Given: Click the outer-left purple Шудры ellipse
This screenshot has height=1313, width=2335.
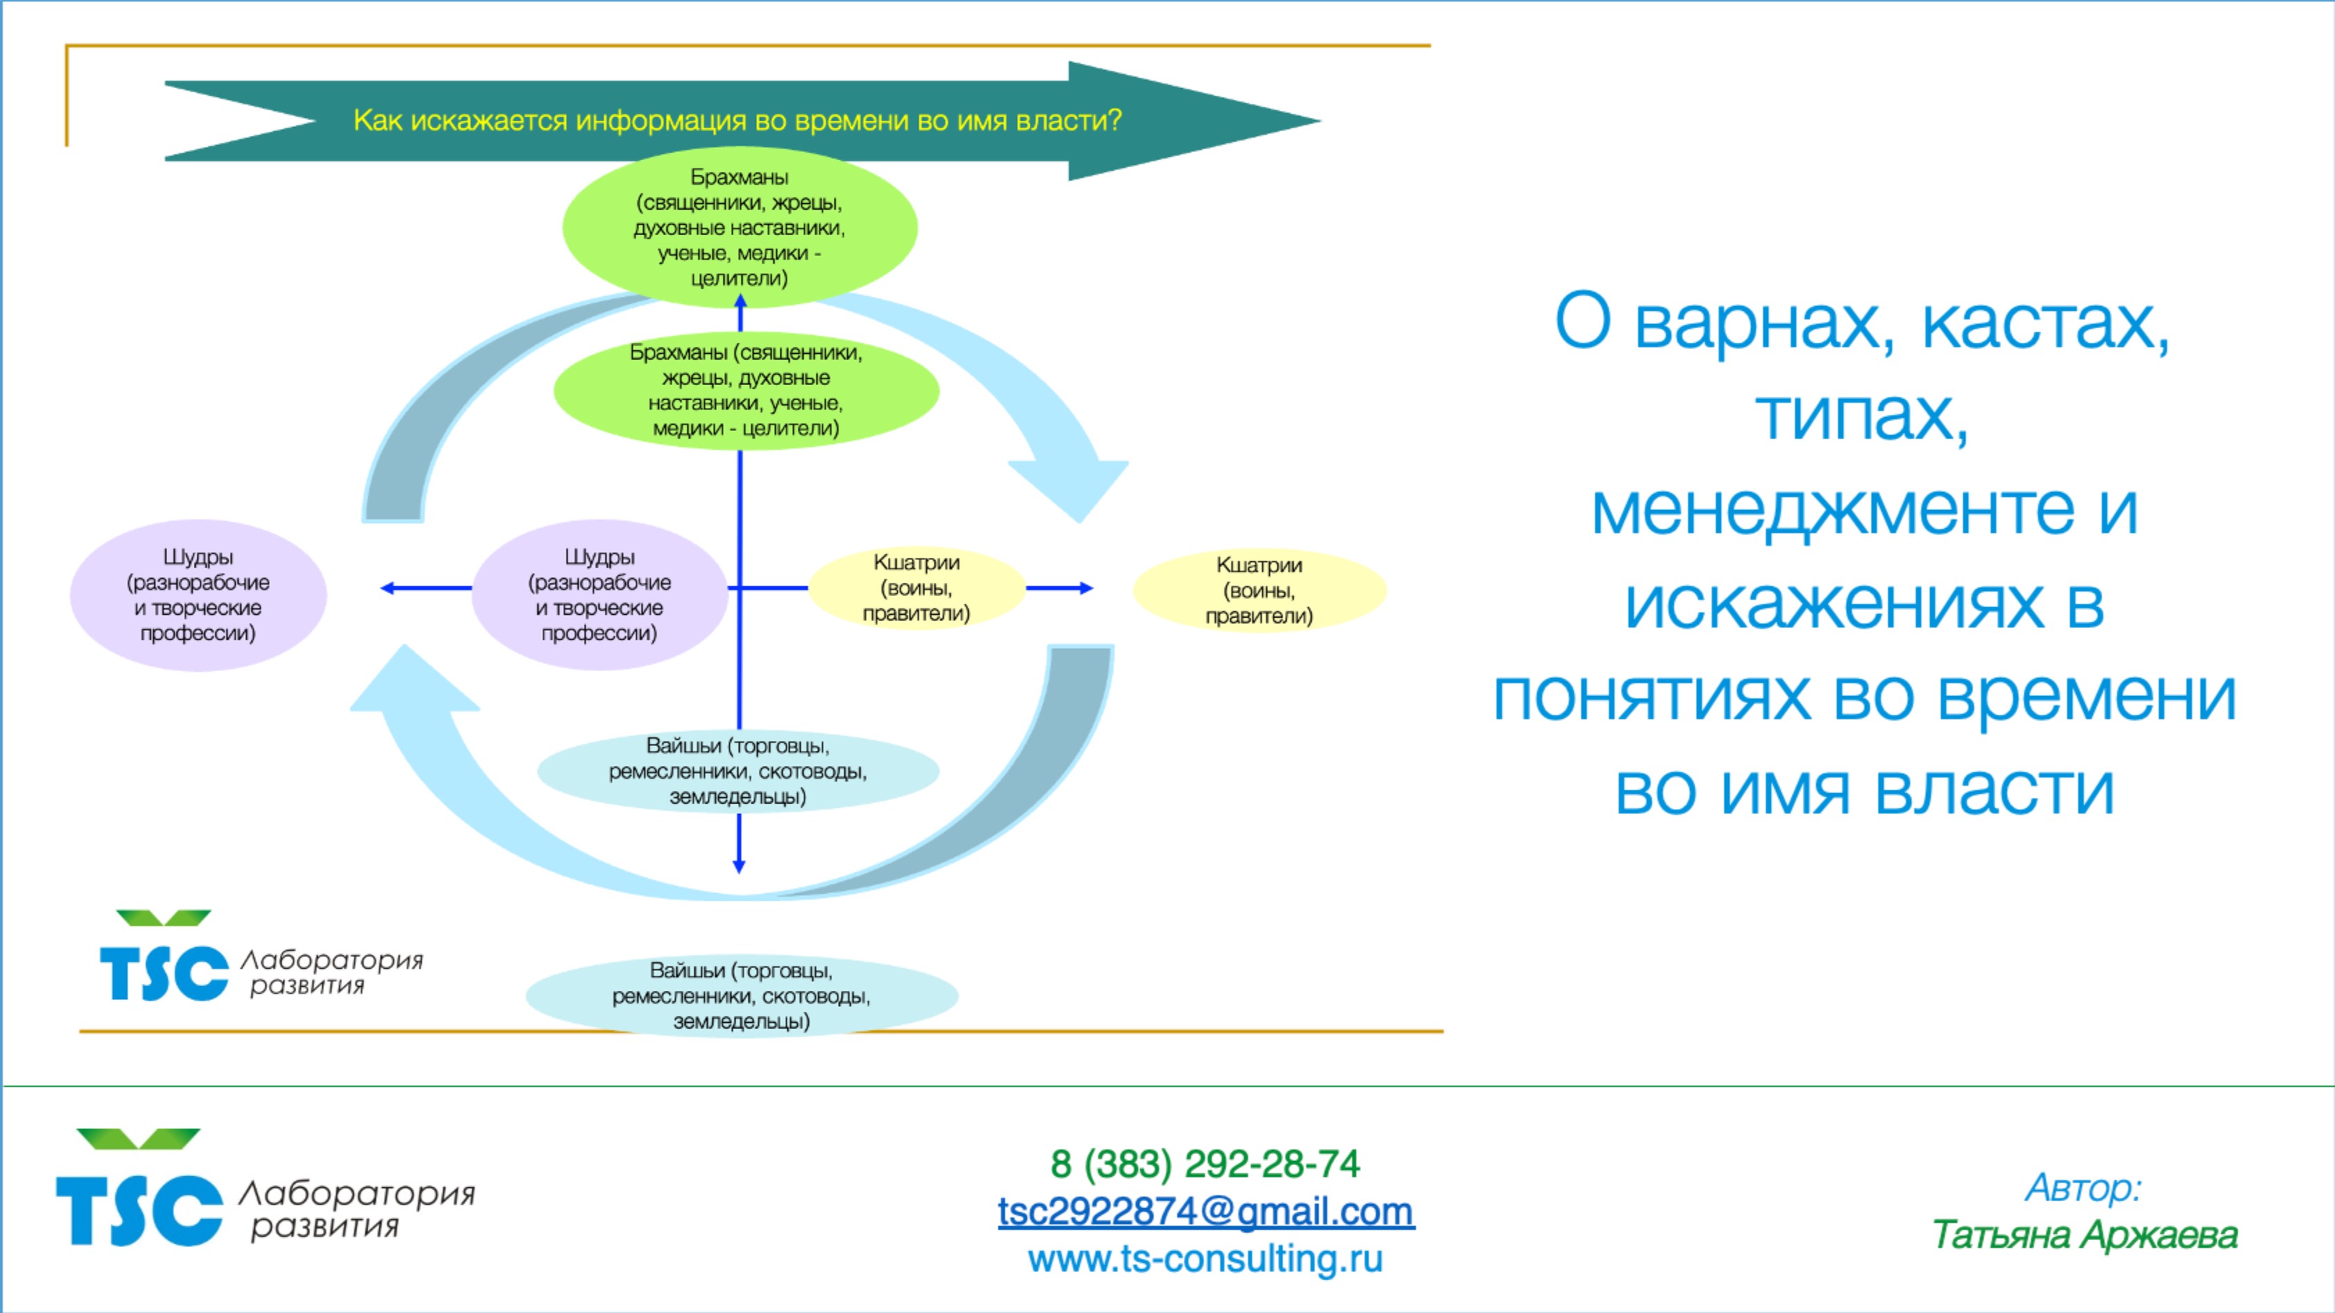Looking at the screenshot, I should point(198,595).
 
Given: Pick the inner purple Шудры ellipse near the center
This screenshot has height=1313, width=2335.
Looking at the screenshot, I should point(599,595).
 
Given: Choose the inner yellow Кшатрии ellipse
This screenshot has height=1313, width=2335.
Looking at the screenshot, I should point(916,588).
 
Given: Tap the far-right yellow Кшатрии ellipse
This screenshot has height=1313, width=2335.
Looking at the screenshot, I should point(1259,591).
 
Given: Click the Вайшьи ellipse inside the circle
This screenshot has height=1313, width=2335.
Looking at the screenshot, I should point(738,771).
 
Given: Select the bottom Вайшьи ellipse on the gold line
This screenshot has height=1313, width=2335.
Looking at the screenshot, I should point(741,996).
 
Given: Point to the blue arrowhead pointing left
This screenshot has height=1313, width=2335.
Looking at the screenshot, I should point(387,588).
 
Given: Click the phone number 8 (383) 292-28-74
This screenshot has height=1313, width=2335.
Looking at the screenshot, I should point(1205,1164).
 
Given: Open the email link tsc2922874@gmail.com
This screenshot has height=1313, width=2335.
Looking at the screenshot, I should point(1206,1212).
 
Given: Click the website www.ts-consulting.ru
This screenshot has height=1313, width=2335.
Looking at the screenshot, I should point(1205,1259).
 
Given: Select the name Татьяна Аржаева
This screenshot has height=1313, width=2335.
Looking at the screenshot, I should point(2084,1235).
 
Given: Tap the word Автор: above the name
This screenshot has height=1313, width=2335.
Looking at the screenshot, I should point(2083,1188).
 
